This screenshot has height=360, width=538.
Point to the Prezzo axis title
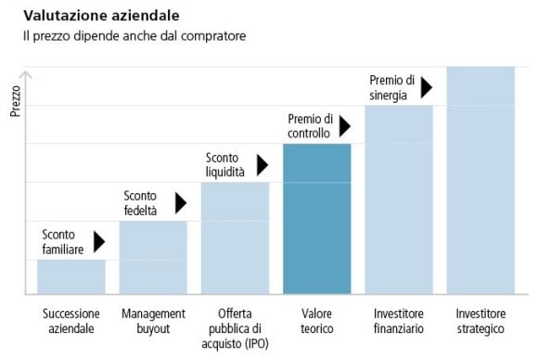(x=15, y=101)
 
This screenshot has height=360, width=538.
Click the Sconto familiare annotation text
(x=63, y=242)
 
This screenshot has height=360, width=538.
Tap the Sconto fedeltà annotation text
(x=141, y=203)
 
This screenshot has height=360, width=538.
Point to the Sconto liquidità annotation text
(x=225, y=164)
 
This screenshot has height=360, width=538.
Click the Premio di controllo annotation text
(x=310, y=125)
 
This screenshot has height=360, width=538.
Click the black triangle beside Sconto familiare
(x=99, y=242)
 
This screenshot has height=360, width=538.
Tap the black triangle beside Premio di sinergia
(x=426, y=87)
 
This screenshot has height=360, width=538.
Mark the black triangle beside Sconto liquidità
(x=262, y=164)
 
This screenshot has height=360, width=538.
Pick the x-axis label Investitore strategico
(x=480, y=320)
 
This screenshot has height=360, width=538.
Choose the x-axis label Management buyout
(x=153, y=320)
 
